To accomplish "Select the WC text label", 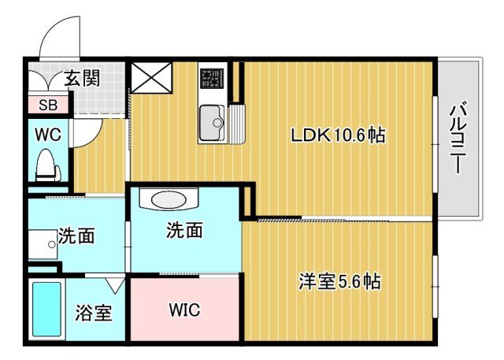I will pos(47,133).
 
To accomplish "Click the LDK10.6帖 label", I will pos(338,135).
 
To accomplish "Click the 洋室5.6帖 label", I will pos(339,282).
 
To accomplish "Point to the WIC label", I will pos(184,310).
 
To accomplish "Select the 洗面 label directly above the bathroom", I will pos(76,236).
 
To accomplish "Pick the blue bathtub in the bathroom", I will pos(46,310).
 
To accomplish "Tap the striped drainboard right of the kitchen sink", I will pos(238,122).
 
